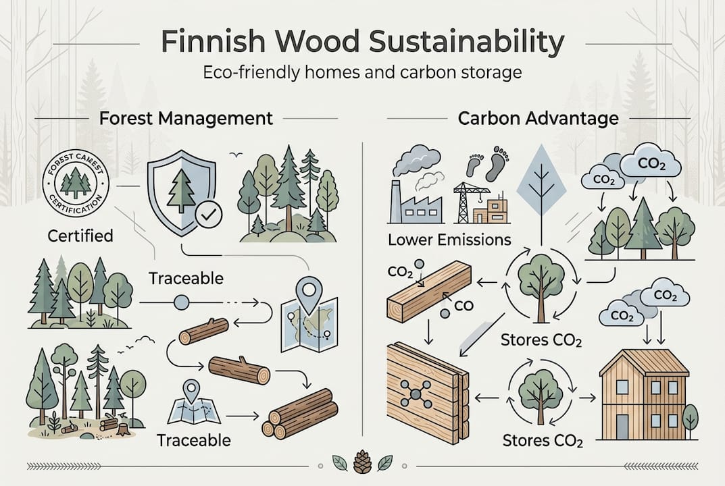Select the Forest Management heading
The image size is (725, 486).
186,119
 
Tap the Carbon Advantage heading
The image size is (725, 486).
538,119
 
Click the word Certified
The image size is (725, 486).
80,236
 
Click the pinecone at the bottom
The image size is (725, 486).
362,464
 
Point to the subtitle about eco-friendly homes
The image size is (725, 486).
362,72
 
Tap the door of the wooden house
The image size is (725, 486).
622,427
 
